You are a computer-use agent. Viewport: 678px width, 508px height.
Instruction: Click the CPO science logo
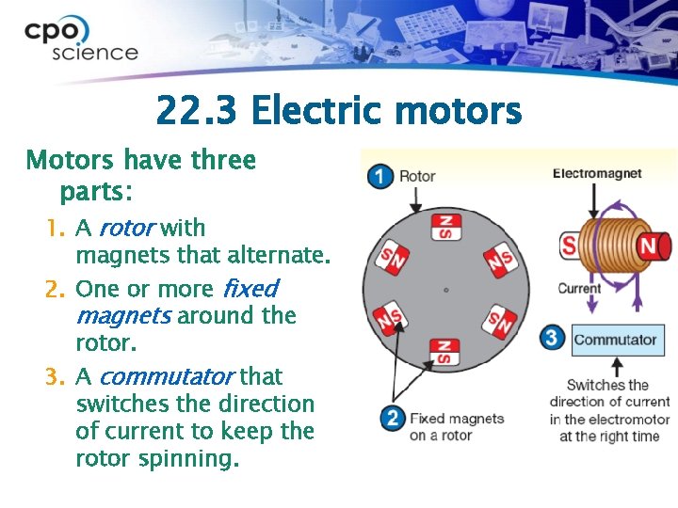click(80, 40)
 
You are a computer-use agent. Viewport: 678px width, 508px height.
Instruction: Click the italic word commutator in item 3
click(165, 376)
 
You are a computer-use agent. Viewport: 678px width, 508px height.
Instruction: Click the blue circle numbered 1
click(380, 176)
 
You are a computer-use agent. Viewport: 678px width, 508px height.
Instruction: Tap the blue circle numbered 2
click(393, 418)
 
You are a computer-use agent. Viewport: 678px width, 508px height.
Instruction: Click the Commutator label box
click(617, 340)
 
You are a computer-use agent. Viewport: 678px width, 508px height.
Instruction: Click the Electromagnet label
click(597, 173)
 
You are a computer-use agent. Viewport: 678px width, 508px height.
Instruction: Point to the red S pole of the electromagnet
click(569, 246)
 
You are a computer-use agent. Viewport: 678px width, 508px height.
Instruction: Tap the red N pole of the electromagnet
click(651, 246)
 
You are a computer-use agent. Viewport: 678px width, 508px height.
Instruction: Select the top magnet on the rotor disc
click(444, 227)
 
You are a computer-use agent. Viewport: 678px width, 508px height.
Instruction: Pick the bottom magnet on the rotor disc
click(444, 352)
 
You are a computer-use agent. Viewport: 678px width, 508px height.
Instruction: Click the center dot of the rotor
click(445, 289)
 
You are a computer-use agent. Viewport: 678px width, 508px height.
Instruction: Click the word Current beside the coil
click(578, 288)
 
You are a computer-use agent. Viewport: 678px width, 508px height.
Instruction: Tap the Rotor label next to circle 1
click(417, 176)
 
